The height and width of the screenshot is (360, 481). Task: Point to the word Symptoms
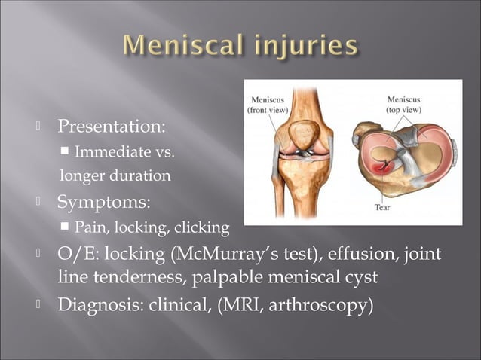click(x=103, y=202)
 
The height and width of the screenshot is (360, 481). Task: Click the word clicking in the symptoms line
click(x=201, y=227)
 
